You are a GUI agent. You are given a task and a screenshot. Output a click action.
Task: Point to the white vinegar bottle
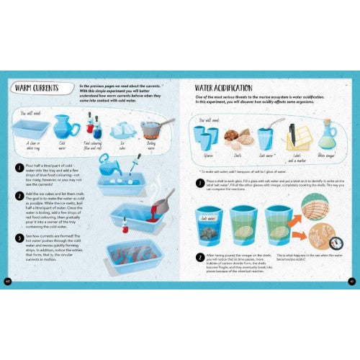(328, 135)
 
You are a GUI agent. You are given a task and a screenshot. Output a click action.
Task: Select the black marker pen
(292, 134)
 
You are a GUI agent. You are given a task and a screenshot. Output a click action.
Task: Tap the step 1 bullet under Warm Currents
(22, 166)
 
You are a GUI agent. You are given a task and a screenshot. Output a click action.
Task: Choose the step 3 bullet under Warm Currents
(22, 235)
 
